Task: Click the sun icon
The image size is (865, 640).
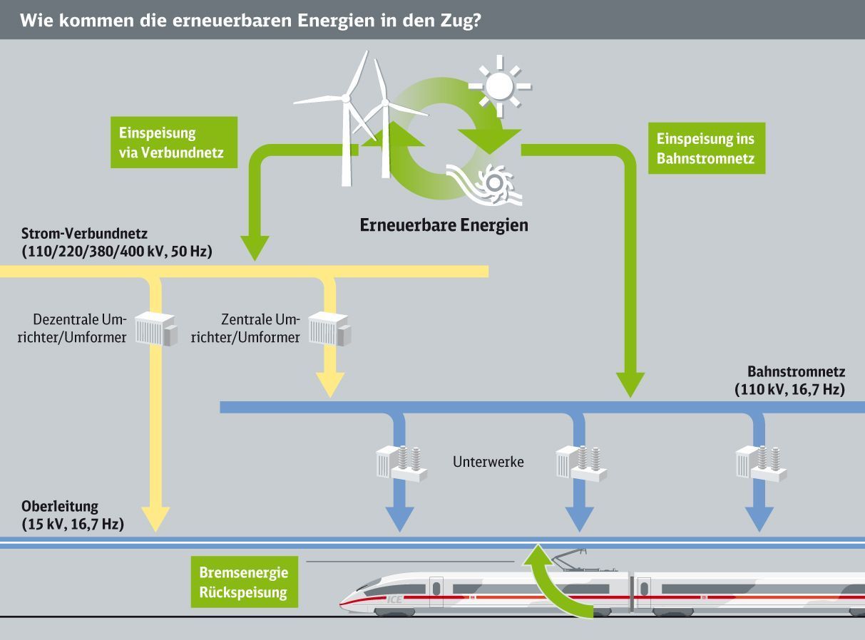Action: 499,86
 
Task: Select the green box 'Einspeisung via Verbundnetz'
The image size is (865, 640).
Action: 173,143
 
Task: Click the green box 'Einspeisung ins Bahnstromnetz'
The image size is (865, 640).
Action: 705,148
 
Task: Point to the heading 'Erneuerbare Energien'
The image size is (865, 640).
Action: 444,225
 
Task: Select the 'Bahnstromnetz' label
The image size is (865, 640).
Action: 796,371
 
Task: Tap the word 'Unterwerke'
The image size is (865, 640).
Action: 488,462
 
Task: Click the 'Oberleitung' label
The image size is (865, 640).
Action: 60,507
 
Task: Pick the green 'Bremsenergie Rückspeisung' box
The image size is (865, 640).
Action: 244,582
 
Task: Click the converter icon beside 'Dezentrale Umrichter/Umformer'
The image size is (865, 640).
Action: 156,329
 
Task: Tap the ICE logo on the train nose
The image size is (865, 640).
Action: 394,599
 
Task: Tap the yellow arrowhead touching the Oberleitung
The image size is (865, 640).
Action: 155,519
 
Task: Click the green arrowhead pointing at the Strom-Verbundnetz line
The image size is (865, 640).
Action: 255,247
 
